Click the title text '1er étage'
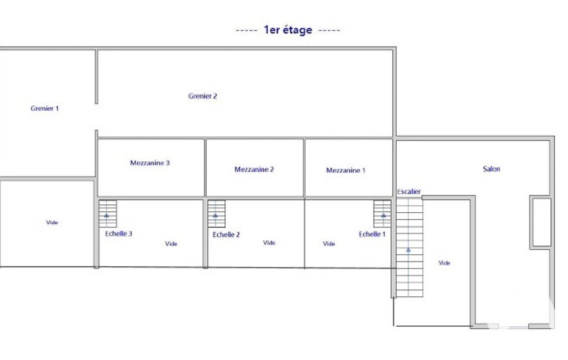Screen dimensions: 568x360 [x=288, y=30]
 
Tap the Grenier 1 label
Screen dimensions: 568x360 [x=44, y=109]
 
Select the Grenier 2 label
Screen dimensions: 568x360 [x=202, y=96]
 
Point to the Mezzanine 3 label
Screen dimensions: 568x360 [x=150, y=163]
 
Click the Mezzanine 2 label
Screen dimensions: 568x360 [x=254, y=169]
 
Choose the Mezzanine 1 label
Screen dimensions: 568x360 [x=346, y=170]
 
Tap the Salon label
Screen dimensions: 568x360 [x=491, y=169]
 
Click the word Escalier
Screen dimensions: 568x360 [x=408, y=192]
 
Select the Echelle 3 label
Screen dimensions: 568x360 [x=119, y=234]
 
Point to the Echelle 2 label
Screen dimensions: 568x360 [x=226, y=235]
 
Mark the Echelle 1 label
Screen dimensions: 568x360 [x=372, y=234]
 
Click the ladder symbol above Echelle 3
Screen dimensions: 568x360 [x=108, y=214]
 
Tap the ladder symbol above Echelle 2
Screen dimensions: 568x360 [x=216, y=214]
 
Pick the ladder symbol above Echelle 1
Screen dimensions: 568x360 [x=382, y=214]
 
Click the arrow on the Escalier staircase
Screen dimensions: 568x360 [x=408, y=250]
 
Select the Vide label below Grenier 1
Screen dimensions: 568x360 [x=52, y=223]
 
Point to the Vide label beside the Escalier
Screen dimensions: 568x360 [x=444, y=263]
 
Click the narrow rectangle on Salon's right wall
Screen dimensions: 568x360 [x=540, y=223]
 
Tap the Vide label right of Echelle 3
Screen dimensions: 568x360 [x=171, y=244]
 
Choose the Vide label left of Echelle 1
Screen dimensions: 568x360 [x=329, y=244]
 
